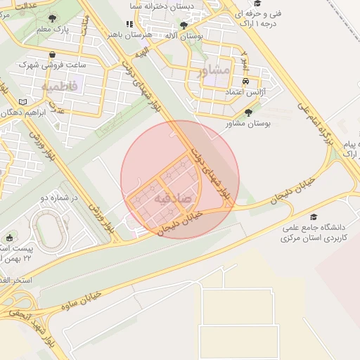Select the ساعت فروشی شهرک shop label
(53, 65)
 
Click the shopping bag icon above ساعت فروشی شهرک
(53, 54)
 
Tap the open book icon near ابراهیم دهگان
(24, 102)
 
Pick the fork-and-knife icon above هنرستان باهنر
(128, 24)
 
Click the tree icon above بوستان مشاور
(247, 112)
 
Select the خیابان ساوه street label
(82, 300)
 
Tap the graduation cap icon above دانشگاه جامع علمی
(313, 218)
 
